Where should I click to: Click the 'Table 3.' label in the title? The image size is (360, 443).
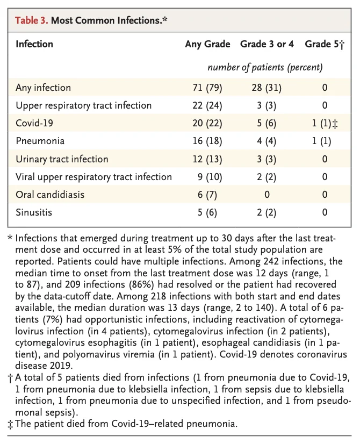[x=31, y=22]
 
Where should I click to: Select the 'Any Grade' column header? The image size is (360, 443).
[x=207, y=44]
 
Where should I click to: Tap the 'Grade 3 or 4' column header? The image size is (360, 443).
[x=267, y=44]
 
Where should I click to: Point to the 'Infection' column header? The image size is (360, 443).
[x=34, y=44]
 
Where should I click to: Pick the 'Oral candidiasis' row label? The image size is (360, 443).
[x=50, y=195]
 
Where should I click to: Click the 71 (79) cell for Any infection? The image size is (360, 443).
[x=207, y=88]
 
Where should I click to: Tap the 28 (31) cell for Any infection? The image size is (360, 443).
[x=267, y=88]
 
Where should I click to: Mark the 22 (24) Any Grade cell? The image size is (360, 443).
[x=207, y=105]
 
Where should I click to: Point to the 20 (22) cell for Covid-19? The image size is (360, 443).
[x=207, y=123]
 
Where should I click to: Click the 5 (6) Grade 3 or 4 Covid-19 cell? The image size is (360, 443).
[x=267, y=123]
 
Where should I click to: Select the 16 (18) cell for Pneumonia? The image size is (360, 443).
[x=207, y=141]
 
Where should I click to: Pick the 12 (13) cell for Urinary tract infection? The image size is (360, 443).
[x=207, y=159]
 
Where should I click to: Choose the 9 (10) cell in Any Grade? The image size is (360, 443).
[x=207, y=177]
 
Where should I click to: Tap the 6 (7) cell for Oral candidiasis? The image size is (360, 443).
[x=207, y=195]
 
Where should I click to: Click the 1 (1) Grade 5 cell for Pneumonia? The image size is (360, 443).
[x=322, y=141]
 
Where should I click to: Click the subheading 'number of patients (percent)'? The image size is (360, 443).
[x=265, y=68]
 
